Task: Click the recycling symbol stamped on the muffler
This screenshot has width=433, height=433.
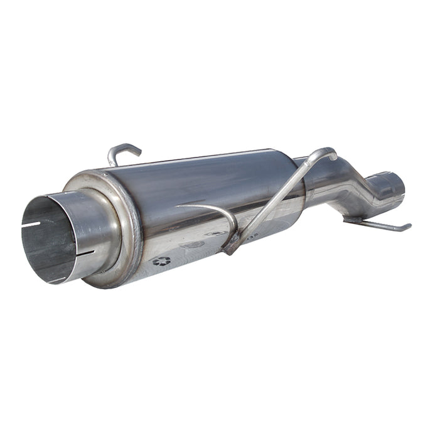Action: point(161,260)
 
